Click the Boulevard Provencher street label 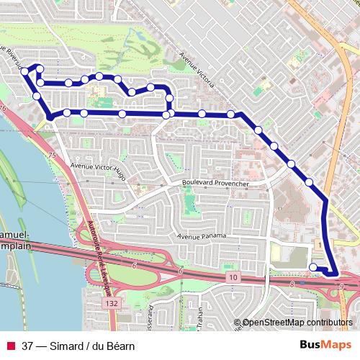pyautogui.click(x=215, y=184)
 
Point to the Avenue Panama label pyautogui.click(x=202, y=236)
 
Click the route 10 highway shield pyautogui.click(x=233, y=276)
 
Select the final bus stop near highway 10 pyautogui.click(x=313, y=268)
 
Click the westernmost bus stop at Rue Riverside pyautogui.click(x=24, y=71)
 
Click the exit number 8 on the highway pyautogui.click(x=292, y=285)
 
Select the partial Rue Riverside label pyautogui.click(x=12, y=58)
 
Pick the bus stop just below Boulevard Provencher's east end pyautogui.click(x=309, y=182)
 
